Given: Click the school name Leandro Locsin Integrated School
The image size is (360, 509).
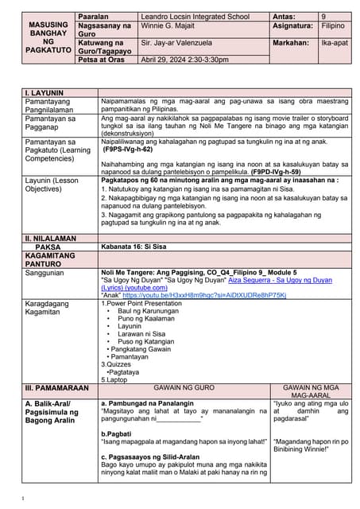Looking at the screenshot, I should [x=194, y=17].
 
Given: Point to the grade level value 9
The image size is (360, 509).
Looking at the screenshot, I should [x=323, y=17].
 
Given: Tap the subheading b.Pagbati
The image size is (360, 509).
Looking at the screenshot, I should [x=116, y=432].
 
